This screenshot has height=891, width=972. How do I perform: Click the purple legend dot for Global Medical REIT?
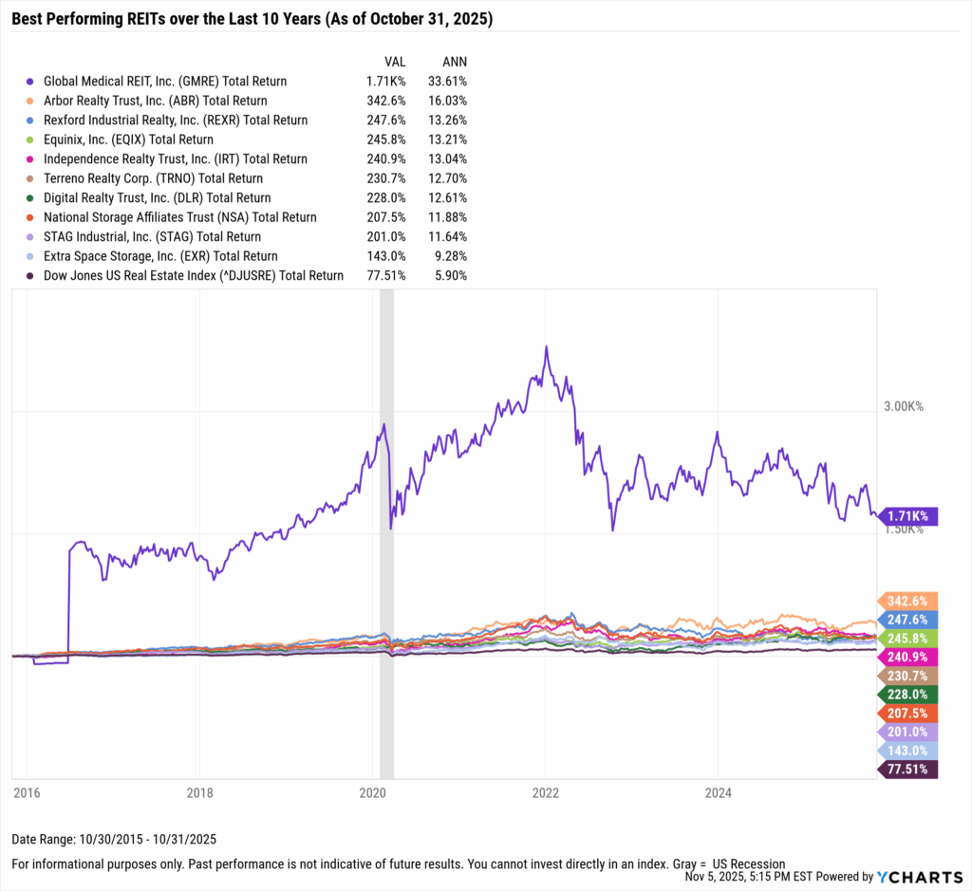pos(31,82)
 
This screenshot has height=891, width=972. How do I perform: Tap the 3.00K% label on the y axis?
pos(903,406)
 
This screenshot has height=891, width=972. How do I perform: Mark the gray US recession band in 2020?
pos(386,531)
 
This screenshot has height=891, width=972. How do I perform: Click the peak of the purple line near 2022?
pos(546,347)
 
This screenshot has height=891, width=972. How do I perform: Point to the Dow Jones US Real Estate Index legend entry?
pos(193,275)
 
